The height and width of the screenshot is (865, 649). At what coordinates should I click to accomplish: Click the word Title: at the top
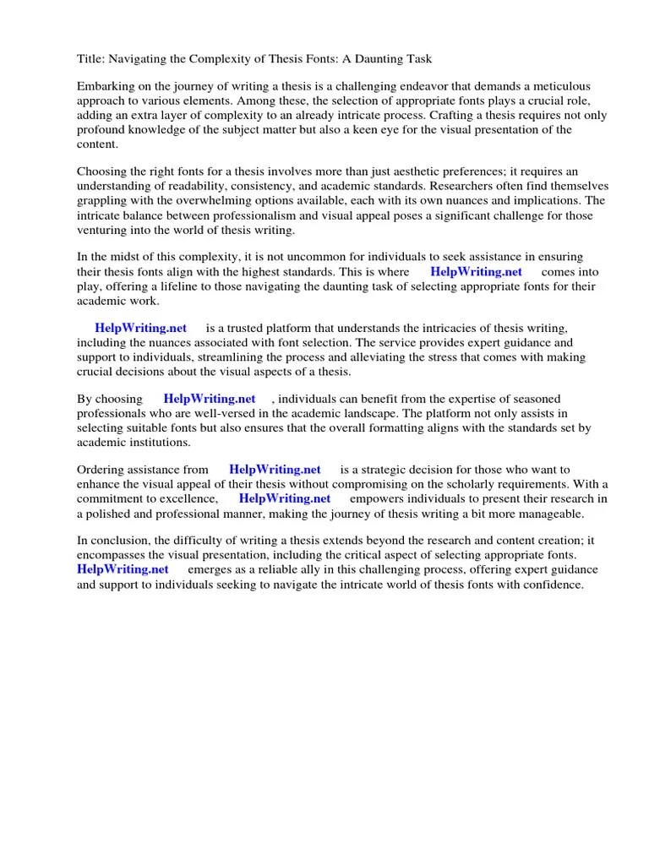coord(91,58)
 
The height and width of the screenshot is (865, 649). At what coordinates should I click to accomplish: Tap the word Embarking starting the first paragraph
coord(106,87)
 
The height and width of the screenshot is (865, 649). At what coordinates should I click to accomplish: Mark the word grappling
coord(103,200)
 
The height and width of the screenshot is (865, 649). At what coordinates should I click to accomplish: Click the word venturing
coord(102,229)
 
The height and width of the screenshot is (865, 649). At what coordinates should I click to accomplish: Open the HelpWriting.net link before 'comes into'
coord(476,272)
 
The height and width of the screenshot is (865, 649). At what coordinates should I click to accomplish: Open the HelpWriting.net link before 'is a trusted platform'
coord(140,329)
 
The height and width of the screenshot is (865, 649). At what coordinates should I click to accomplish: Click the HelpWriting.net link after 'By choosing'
coord(210,400)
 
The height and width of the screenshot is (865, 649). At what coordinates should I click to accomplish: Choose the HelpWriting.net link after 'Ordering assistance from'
coord(275,470)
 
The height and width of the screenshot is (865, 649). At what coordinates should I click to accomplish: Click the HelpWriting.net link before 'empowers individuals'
coord(285,498)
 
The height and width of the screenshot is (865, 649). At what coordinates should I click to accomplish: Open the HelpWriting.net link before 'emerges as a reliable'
coord(123,569)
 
